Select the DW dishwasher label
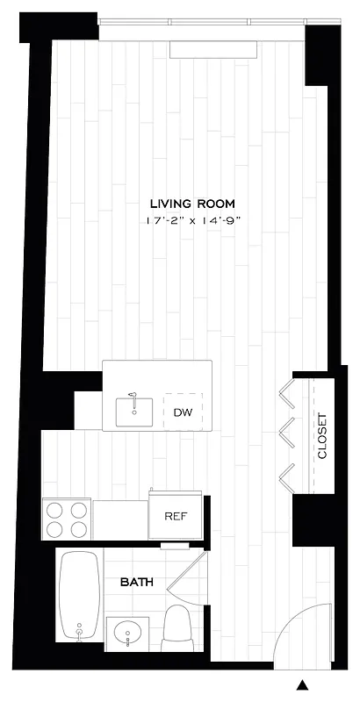(x=183, y=412)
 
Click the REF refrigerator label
(x=176, y=516)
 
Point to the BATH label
(x=137, y=581)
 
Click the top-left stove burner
(x=54, y=508)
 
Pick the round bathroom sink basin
(x=132, y=632)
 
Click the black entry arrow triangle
(x=303, y=685)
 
